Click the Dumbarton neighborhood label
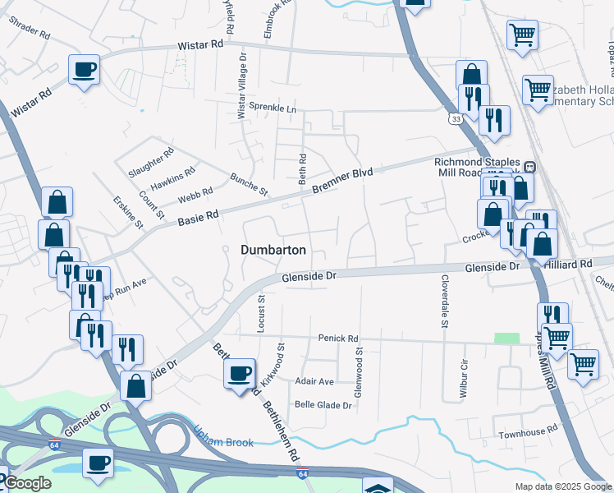pyautogui.click(x=274, y=250)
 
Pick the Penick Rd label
pyautogui.click(x=339, y=339)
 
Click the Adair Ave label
pyautogui.click(x=314, y=381)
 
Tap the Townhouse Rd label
pyautogui.click(x=525, y=432)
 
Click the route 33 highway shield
pyautogui.click(x=455, y=119)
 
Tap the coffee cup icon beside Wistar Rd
pyautogui.click(x=84, y=69)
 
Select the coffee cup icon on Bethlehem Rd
pyautogui.click(x=240, y=374)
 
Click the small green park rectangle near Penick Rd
pyautogui.click(x=506, y=339)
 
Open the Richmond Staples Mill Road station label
pyautogui.click(x=480, y=168)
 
